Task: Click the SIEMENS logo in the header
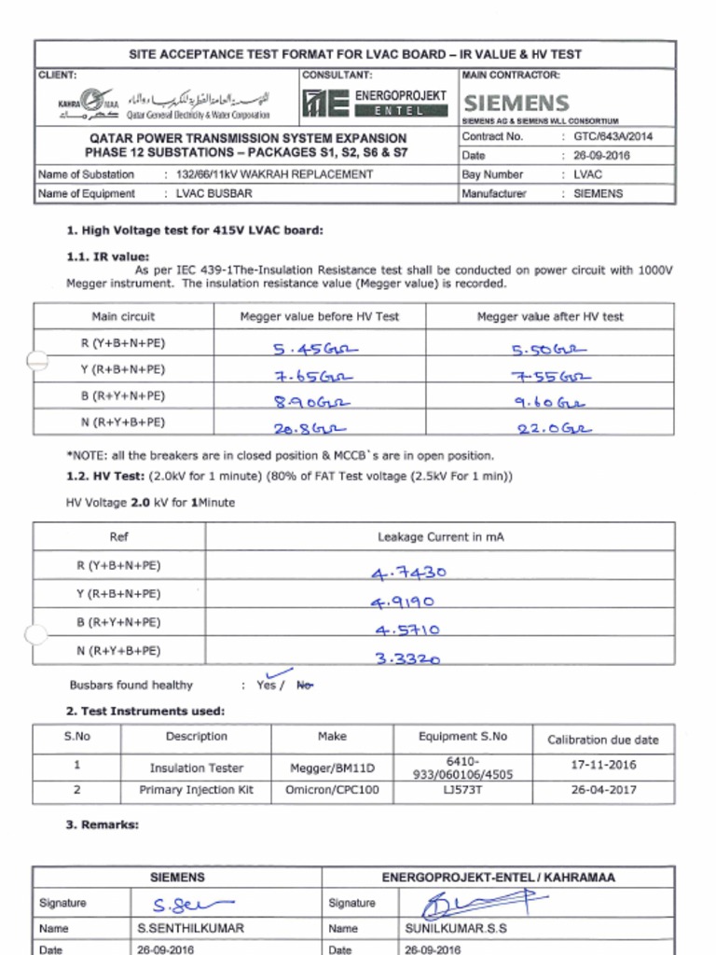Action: coord(516,103)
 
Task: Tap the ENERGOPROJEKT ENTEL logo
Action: coord(375,103)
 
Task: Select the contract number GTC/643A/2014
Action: coord(613,136)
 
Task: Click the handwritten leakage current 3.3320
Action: coord(407,657)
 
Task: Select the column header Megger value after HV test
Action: coord(550,317)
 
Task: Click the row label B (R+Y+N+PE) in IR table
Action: coord(122,395)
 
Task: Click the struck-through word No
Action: coord(305,685)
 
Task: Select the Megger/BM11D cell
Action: coord(332,768)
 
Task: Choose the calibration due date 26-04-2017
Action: coord(603,789)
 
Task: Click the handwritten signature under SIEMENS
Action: coord(192,904)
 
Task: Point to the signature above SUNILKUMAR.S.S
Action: coord(475,903)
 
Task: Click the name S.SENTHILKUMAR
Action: coord(190,929)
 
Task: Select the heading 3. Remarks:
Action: coord(103,824)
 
